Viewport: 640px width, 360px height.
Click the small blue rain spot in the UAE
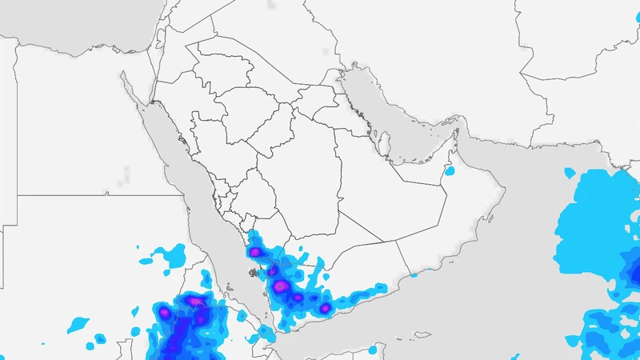click(450, 170)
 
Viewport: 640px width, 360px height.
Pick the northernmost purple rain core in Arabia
click(255, 252)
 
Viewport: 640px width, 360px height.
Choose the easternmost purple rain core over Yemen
click(325, 308)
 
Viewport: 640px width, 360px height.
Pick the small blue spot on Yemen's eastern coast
click(415, 274)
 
